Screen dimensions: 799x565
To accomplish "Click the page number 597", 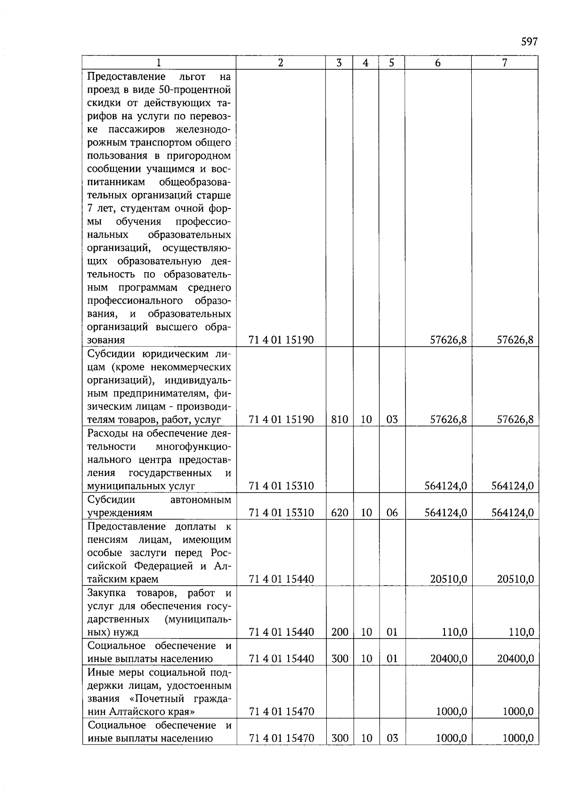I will point(529,42).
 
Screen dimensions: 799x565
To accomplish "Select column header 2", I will point(281,63).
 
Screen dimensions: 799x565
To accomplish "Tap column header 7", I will point(504,63).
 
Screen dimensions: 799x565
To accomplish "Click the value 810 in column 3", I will point(339,420).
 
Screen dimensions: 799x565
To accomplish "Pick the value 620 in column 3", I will point(339,513).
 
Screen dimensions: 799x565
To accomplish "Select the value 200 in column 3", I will point(339,632).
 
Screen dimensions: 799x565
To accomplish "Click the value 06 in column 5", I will point(392,513).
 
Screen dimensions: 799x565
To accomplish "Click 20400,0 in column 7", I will point(515,659).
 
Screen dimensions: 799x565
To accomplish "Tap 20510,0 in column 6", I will point(448,579).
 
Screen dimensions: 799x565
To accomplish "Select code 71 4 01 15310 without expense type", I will point(281,486).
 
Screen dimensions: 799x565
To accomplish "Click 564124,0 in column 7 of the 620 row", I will point(512,513).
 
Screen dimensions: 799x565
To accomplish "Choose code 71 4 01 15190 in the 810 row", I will point(281,420).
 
